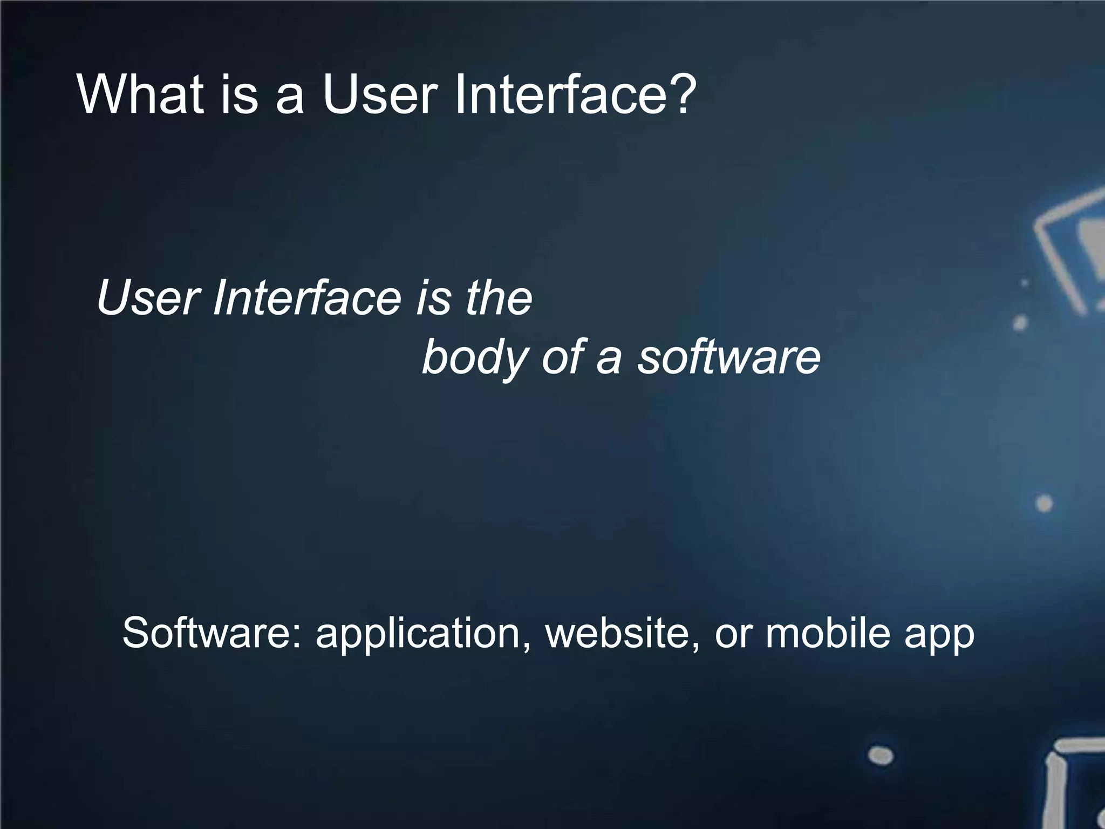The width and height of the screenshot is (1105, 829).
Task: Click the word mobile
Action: tap(827, 633)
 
